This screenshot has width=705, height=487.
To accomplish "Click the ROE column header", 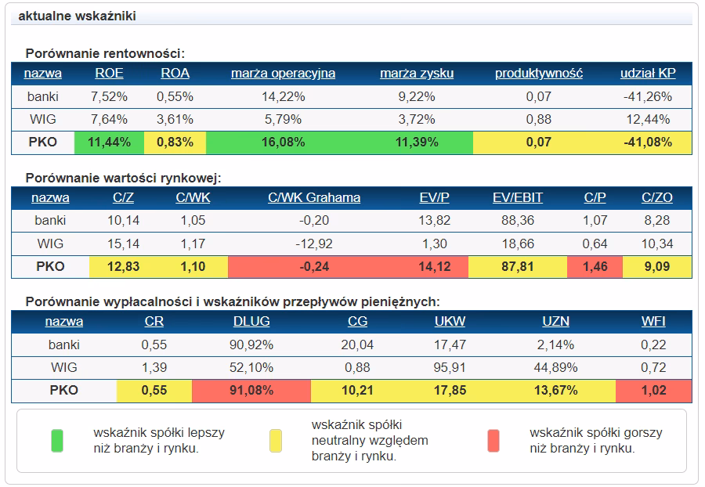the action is [x=109, y=74].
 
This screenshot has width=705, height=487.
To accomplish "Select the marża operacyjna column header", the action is [x=284, y=74].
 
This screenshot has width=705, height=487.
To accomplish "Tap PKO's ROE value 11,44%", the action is [x=109, y=142].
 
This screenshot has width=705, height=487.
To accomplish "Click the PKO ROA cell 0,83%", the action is [x=175, y=142].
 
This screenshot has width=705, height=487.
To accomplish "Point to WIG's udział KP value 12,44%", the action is [x=648, y=120].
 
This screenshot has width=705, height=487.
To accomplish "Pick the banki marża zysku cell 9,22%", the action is [x=417, y=96].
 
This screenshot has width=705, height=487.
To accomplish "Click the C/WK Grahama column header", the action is [x=314, y=197].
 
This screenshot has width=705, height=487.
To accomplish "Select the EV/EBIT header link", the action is [x=518, y=197].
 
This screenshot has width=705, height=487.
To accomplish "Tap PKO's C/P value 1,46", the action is [x=595, y=267].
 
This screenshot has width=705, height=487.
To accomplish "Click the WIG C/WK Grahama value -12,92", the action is [x=314, y=244].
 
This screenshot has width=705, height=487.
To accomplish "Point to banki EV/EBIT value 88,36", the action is [x=518, y=221].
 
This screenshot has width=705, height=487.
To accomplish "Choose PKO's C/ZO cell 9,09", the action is [x=657, y=267].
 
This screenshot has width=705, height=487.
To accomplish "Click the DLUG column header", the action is [x=251, y=322].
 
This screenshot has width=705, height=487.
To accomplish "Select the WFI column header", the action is [x=653, y=322].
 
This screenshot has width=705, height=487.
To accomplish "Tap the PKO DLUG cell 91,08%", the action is [x=251, y=391].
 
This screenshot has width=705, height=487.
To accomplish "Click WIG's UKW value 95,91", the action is [x=450, y=368].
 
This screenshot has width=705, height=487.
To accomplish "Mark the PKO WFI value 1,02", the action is [x=653, y=391].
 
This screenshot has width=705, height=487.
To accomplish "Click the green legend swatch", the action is [x=57, y=441].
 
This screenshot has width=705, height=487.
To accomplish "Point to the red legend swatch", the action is [x=493, y=441].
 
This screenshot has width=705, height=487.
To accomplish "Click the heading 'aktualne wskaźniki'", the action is [x=77, y=16].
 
